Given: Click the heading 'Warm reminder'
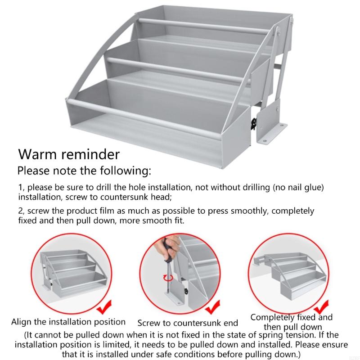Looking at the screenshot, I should [69, 154].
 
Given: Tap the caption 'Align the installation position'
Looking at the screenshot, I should [68, 322].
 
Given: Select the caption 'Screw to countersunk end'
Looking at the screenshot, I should [188, 323].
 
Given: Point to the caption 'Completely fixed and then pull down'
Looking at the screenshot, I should [291, 322].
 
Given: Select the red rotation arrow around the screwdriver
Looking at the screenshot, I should [167, 278].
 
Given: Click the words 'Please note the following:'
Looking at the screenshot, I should [84, 171].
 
